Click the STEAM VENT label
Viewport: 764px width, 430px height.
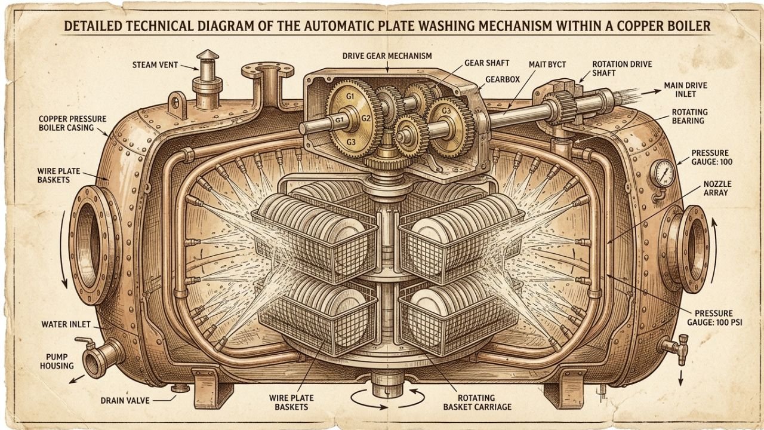tap(155, 65)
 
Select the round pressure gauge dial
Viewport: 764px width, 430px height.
tap(663, 173)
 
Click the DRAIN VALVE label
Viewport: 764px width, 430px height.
tap(125, 400)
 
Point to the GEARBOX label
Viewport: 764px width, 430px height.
tap(503, 79)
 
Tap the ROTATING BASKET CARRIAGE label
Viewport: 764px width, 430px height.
tap(477, 403)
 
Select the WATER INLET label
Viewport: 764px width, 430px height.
tap(66, 324)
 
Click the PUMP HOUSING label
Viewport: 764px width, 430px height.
tap(57, 361)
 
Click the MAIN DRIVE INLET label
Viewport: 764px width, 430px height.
tap(686, 90)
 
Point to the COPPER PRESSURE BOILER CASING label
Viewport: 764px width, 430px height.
tap(72, 123)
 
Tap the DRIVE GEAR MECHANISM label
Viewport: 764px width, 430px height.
tap(387, 56)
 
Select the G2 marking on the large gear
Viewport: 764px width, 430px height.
tap(366, 119)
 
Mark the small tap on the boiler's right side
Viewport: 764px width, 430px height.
tap(675, 348)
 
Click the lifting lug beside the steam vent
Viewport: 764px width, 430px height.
tap(177, 104)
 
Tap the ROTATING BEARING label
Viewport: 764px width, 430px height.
tap(688, 116)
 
